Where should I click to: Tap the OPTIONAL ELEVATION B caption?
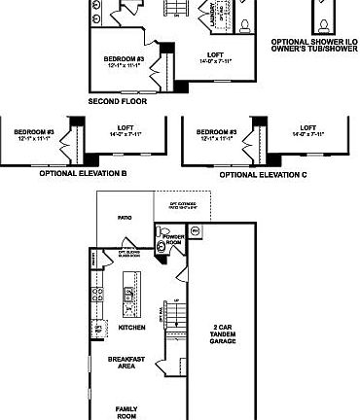84,174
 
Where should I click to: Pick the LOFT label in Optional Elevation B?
126,127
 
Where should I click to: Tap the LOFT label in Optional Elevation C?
307,127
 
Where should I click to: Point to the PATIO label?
125,219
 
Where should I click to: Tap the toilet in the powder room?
164,233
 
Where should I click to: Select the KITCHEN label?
131,329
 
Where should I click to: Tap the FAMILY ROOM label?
126,411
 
